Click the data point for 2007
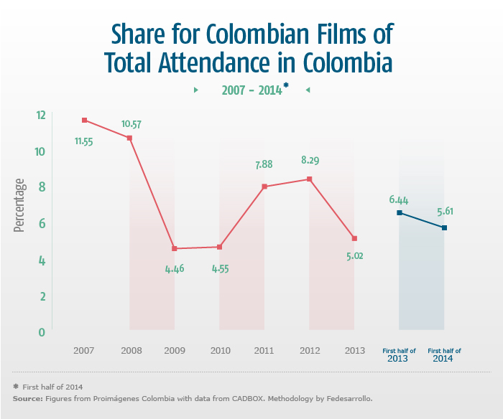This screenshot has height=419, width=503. pyautogui.click(x=84, y=121)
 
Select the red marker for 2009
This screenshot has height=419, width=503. pyautogui.click(x=175, y=249)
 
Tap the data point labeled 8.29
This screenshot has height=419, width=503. pyautogui.click(x=309, y=179)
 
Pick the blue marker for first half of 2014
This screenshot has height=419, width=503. pyautogui.click(x=445, y=228)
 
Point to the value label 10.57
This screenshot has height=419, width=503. pyautogui.click(x=131, y=124)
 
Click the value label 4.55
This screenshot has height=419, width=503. pyautogui.click(x=219, y=270)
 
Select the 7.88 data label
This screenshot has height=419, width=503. pyautogui.click(x=264, y=165)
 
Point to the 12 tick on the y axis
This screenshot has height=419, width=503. pyautogui.click(x=40, y=115)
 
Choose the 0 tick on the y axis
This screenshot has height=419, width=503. pyautogui.click(x=42, y=332)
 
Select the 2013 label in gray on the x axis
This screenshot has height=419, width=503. pyautogui.click(x=354, y=351)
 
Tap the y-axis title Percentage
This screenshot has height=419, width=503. pyautogui.click(x=19, y=205)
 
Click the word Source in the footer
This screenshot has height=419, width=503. pyautogui.click(x=27, y=397)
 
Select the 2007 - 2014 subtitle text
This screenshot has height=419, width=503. pyautogui.click(x=251, y=90)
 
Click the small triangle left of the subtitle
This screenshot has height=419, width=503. pyautogui.click(x=195, y=90)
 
